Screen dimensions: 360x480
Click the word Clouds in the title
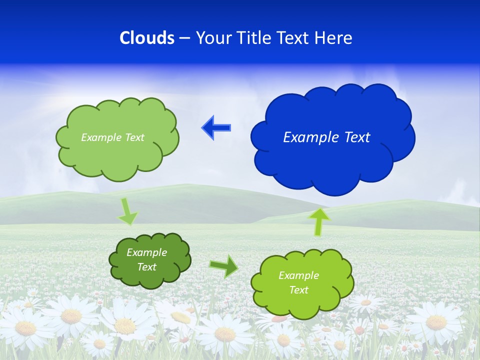point(147,38)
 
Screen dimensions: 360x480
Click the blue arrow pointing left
point(216,128)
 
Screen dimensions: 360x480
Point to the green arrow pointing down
point(127,212)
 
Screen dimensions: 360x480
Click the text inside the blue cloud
point(326,137)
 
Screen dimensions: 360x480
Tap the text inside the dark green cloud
point(146,259)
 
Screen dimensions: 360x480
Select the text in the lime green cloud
point(298,282)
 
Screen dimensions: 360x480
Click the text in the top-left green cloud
point(112,137)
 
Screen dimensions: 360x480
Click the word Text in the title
point(294,38)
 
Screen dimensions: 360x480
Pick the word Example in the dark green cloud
point(146,252)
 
